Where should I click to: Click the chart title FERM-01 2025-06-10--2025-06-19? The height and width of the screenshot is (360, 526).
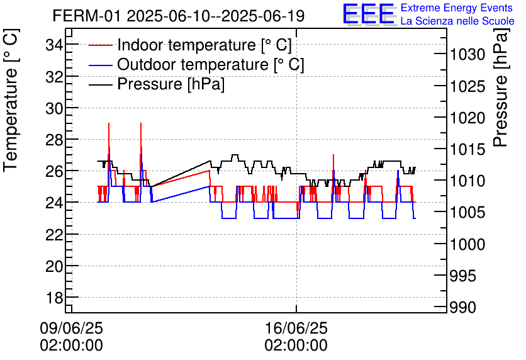(x=179, y=16)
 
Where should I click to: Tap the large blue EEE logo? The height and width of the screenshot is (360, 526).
(x=369, y=15)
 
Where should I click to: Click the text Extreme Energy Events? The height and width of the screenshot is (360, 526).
(x=456, y=8)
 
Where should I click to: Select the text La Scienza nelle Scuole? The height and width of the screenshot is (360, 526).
(x=457, y=21)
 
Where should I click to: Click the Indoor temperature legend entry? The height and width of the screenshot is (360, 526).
(x=204, y=45)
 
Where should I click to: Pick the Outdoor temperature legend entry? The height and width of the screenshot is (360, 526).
(x=210, y=65)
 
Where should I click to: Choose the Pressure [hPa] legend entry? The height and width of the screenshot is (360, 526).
(x=171, y=84)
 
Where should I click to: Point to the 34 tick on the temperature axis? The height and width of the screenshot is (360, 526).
(x=55, y=45)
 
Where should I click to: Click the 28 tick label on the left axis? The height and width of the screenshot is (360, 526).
(x=55, y=139)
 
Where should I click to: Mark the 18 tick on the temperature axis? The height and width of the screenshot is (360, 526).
(x=55, y=297)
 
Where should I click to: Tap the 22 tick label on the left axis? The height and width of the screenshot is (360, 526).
(x=55, y=234)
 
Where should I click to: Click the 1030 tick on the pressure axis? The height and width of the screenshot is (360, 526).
(x=467, y=55)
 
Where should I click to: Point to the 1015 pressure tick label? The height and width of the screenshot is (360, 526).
(x=467, y=149)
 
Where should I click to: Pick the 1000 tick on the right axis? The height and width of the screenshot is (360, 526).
(x=467, y=244)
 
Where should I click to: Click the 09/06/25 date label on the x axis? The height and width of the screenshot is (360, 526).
(x=71, y=329)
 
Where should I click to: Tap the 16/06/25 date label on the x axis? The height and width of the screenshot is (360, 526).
(x=296, y=329)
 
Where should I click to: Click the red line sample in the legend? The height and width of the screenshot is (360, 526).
(x=100, y=45)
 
